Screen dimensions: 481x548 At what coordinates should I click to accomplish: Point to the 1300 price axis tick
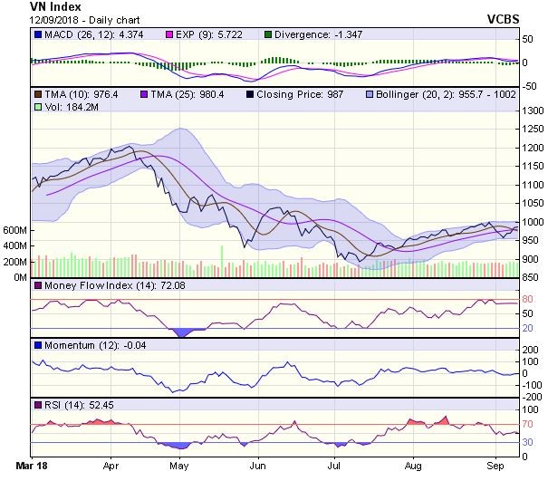533,110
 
